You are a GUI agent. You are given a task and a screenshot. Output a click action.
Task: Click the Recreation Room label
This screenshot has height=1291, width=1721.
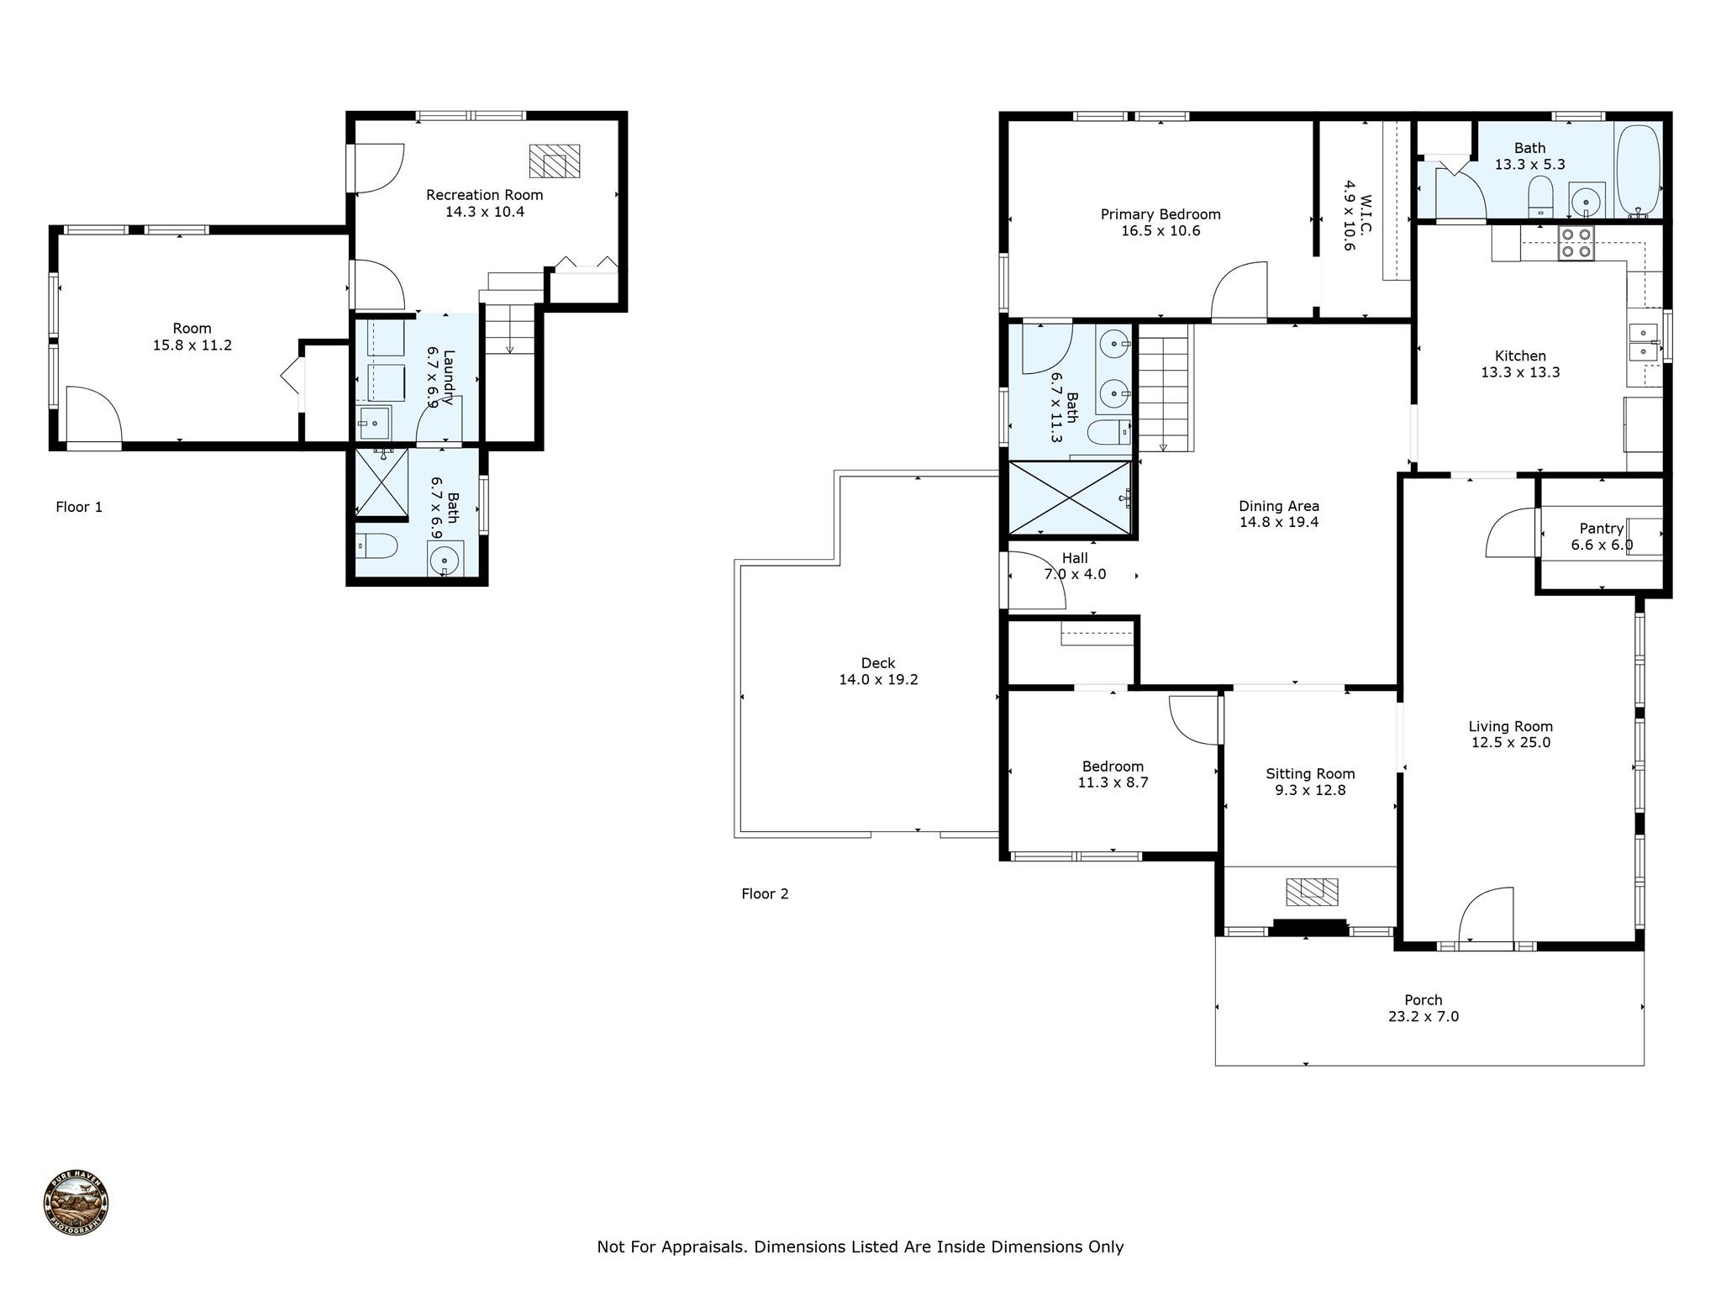pyautogui.click(x=484, y=195)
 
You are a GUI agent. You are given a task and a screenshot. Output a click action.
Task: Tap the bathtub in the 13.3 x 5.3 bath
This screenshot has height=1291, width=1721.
pyautogui.click(x=1638, y=171)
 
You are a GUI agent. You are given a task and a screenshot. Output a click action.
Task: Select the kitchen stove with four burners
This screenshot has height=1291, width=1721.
pyautogui.click(x=1576, y=243)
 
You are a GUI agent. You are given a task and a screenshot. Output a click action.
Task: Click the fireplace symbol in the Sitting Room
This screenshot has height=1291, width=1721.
pyautogui.click(x=1312, y=891)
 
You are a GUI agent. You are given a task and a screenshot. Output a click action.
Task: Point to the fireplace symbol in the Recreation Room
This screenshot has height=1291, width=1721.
pyautogui.click(x=554, y=161)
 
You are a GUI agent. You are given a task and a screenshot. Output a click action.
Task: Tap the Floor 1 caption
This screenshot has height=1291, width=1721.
pyautogui.click(x=79, y=507)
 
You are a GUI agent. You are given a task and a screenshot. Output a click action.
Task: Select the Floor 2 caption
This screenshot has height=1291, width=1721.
pyautogui.click(x=765, y=893)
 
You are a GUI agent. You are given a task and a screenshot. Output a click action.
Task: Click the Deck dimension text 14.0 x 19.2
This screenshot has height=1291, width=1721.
pyautogui.click(x=878, y=680)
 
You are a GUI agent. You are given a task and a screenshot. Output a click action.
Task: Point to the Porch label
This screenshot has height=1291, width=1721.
pyautogui.click(x=1423, y=1000)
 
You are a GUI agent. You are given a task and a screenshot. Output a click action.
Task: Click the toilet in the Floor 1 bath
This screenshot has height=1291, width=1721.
pyautogui.click(x=376, y=547)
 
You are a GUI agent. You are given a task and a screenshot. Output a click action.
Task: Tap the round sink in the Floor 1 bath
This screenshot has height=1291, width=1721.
pyautogui.click(x=445, y=558)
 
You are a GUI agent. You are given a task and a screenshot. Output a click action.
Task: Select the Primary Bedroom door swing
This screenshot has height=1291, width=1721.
pyautogui.click(x=1239, y=291)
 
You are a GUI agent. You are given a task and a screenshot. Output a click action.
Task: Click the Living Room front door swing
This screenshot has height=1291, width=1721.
pyautogui.click(x=1486, y=916)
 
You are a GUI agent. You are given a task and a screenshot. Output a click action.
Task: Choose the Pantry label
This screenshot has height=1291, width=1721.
pyautogui.click(x=1601, y=529)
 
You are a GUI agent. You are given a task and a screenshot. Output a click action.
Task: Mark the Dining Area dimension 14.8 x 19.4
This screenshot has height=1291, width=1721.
pyautogui.click(x=1279, y=522)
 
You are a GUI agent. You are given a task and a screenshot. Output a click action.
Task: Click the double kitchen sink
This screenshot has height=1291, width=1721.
pyautogui.click(x=1644, y=342)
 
